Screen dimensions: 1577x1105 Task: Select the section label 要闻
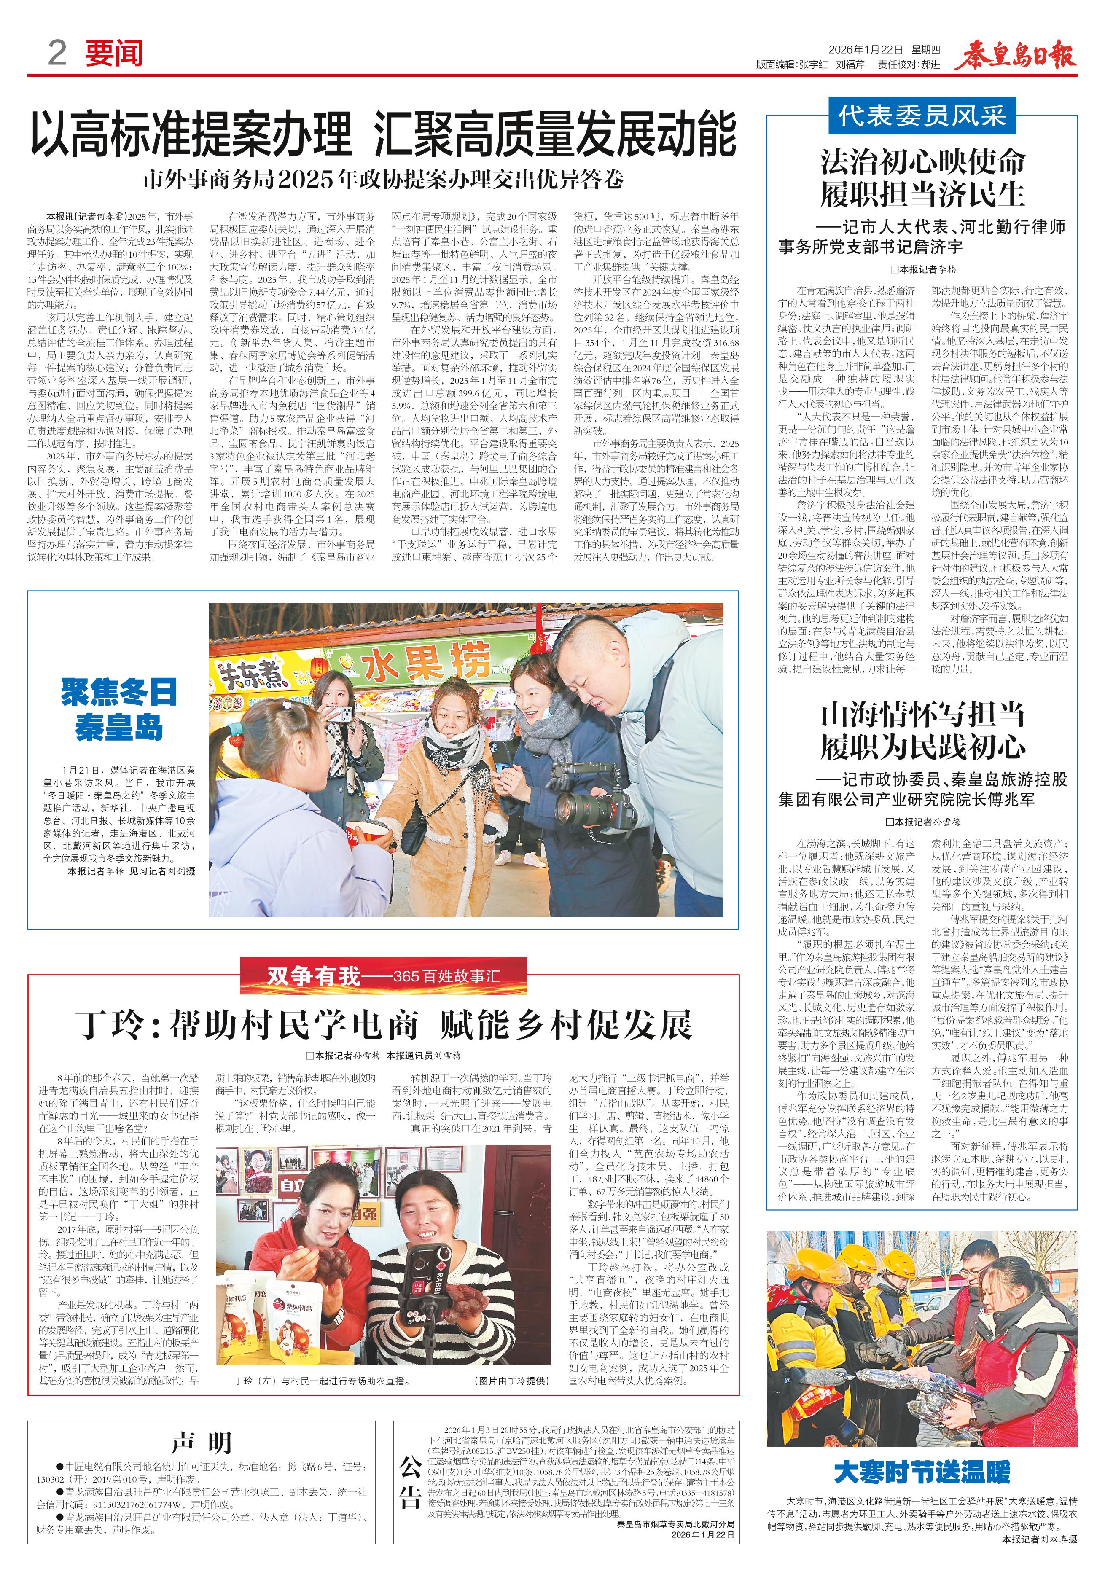[113, 53]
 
